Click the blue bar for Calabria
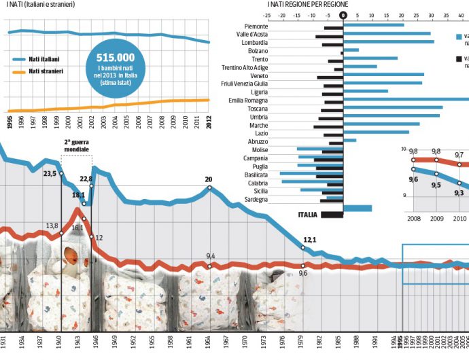pyautogui.click(x=313, y=182)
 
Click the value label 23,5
pyautogui.click(x=50, y=174)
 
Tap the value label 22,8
pyautogui.click(x=86, y=179)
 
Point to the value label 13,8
pyautogui.click(x=52, y=226)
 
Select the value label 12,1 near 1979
pyautogui.click(x=311, y=240)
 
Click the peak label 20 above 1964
pyautogui.click(x=209, y=179)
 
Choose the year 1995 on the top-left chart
pyautogui.click(x=10, y=122)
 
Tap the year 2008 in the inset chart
pyautogui.click(x=413, y=218)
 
